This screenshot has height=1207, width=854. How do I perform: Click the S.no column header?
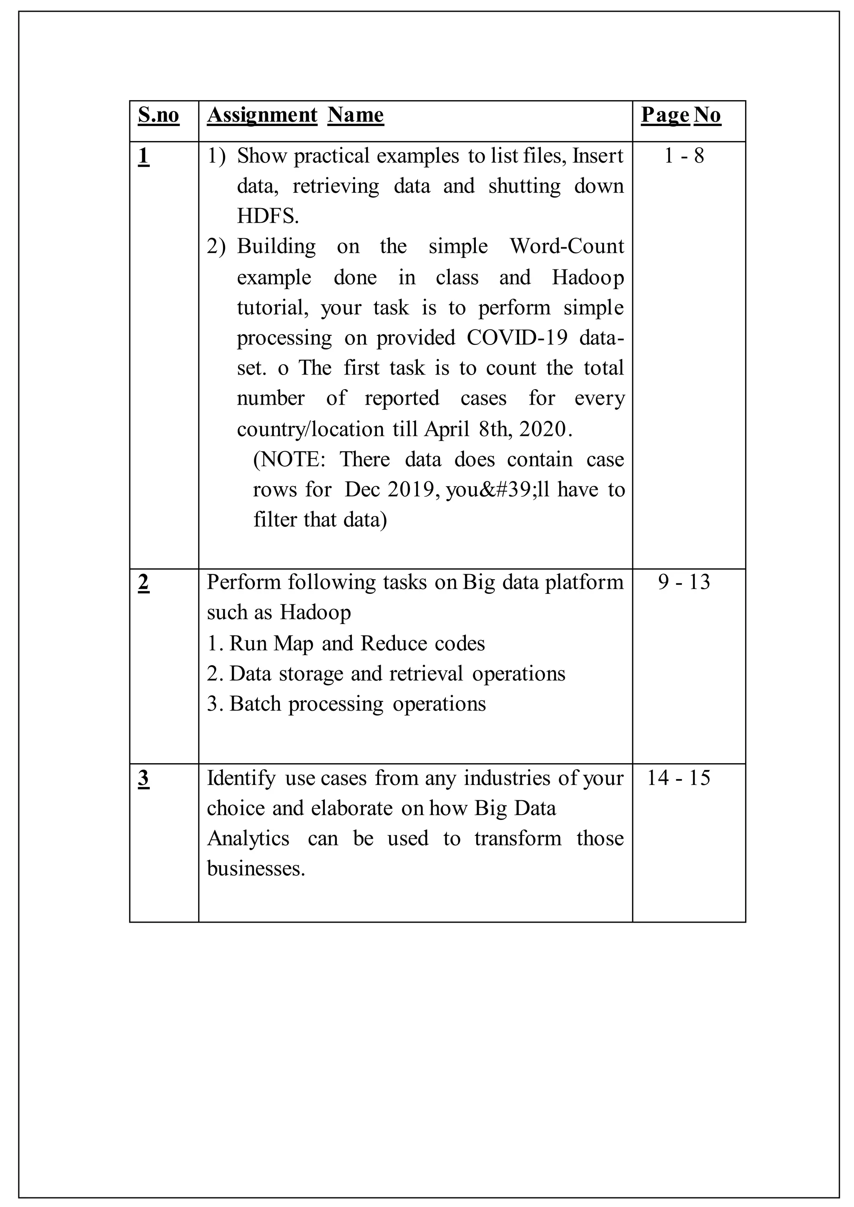tap(158, 115)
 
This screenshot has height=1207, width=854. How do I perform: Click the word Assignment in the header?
tap(262, 115)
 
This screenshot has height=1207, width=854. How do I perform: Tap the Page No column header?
tap(681, 115)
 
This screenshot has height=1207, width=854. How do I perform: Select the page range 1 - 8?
tap(683, 156)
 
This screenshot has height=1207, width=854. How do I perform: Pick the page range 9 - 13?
tap(683, 582)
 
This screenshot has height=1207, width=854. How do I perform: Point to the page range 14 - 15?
tap(678, 778)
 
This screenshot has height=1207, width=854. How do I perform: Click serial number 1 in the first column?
tap(143, 156)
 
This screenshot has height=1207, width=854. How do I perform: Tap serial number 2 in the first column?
tap(143, 583)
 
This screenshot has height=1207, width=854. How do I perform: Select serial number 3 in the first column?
tap(143, 778)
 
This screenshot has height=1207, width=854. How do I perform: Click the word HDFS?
tap(268, 216)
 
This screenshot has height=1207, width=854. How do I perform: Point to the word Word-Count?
tap(567, 246)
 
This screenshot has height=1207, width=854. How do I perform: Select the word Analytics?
tap(248, 838)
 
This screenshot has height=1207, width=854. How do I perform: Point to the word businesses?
tap(256, 868)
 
